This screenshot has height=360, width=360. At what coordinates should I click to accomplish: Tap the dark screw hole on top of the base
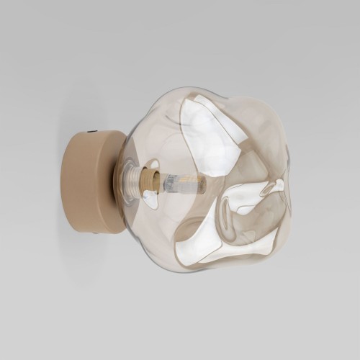91,132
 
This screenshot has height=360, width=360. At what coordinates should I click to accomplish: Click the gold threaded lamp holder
148,180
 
